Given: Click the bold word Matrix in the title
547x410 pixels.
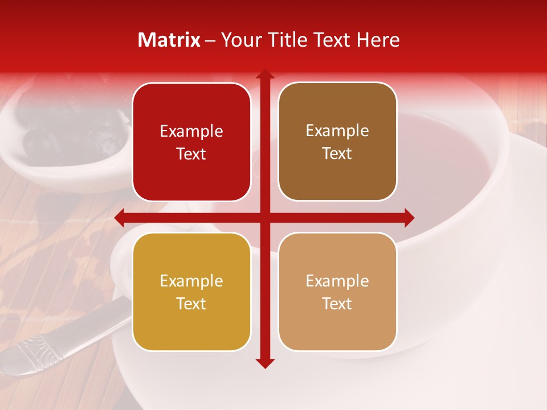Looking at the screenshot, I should coord(169,40).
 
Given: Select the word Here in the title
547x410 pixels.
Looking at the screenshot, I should coord(378,40).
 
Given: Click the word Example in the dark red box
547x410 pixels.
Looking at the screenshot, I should coord(191,132).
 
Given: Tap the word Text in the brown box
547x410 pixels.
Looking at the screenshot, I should coord(337,154).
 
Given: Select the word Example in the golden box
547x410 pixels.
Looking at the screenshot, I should coord(191,281).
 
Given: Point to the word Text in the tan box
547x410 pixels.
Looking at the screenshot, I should coord(337,304).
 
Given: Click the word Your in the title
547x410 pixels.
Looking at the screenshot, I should coord(240,40).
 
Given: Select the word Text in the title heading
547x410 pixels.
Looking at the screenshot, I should coord(331,40).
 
